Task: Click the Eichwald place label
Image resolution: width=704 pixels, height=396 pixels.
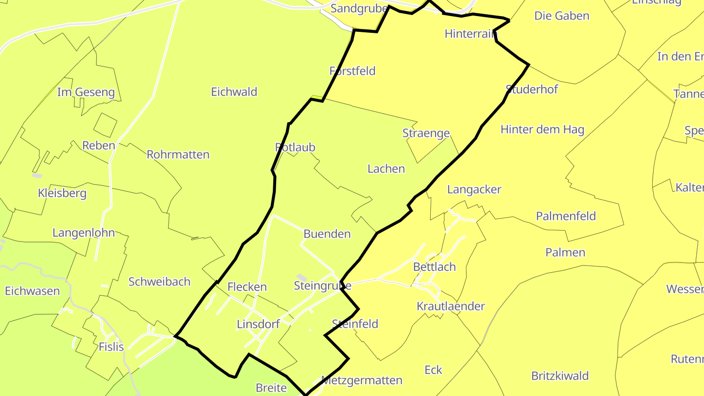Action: [234, 92]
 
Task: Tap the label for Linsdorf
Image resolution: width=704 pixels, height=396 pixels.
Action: [258, 324]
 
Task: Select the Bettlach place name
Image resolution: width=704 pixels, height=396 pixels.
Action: [434, 267]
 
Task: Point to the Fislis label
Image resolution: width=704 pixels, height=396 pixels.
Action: [111, 347]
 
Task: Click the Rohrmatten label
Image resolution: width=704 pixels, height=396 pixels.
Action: [178, 154]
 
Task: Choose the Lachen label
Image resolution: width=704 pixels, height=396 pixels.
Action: [386, 169]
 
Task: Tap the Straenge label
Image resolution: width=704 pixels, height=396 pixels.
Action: [426, 133]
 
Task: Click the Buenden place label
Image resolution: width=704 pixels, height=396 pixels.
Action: [327, 234]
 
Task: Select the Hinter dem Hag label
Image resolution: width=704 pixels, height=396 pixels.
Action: [542, 130]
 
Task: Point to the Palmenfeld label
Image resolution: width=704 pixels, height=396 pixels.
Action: [566, 216]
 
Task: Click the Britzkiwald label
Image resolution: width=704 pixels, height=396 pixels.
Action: [560, 376]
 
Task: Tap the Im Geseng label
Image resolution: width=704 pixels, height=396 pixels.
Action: [86, 92]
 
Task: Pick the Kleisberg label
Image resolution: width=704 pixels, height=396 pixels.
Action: [62, 193]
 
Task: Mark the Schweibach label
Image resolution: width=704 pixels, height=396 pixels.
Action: [159, 282]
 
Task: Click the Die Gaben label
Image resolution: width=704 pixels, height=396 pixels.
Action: [562, 16]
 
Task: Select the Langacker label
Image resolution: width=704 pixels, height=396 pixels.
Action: [474, 190]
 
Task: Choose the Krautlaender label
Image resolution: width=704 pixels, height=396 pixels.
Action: [450, 307]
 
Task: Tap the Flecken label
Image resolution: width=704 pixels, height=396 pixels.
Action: [247, 286]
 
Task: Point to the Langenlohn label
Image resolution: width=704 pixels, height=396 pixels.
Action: [84, 233]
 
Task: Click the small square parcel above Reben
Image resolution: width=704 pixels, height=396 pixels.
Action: [105, 125]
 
